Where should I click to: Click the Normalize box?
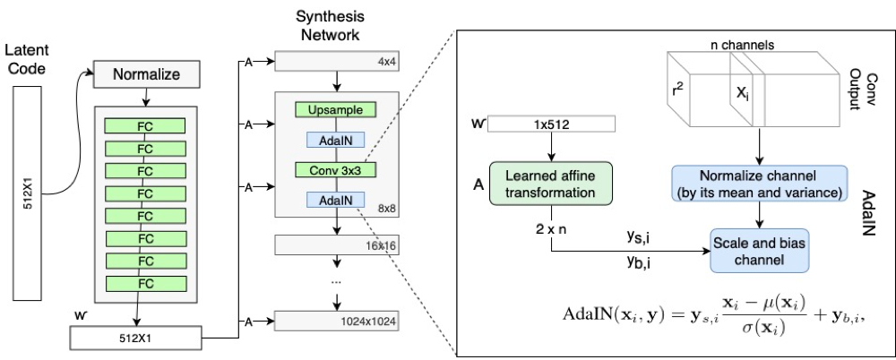pyautogui.click(x=146, y=75)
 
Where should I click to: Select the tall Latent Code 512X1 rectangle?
pyautogui.click(x=29, y=194)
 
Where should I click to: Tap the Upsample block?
pyautogui.click(x=335, y=109)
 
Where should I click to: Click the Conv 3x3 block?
pyautogui.click(x=335, y=170)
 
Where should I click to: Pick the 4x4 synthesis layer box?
pyautogui.click(x=336, y=62)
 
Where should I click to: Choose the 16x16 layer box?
pyautogui.click(x=336, y=245)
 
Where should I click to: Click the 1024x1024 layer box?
pyautogui.click(x=336, y=321)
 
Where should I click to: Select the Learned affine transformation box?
pyautogui.click(x=551, y=184)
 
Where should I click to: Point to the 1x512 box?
pyautogui.click(x=551, y=124)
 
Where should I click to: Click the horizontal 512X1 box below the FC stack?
pyautogui.click(x=136, y=337)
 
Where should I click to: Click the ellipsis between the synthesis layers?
pyautogui.click(x=336, y=281)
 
